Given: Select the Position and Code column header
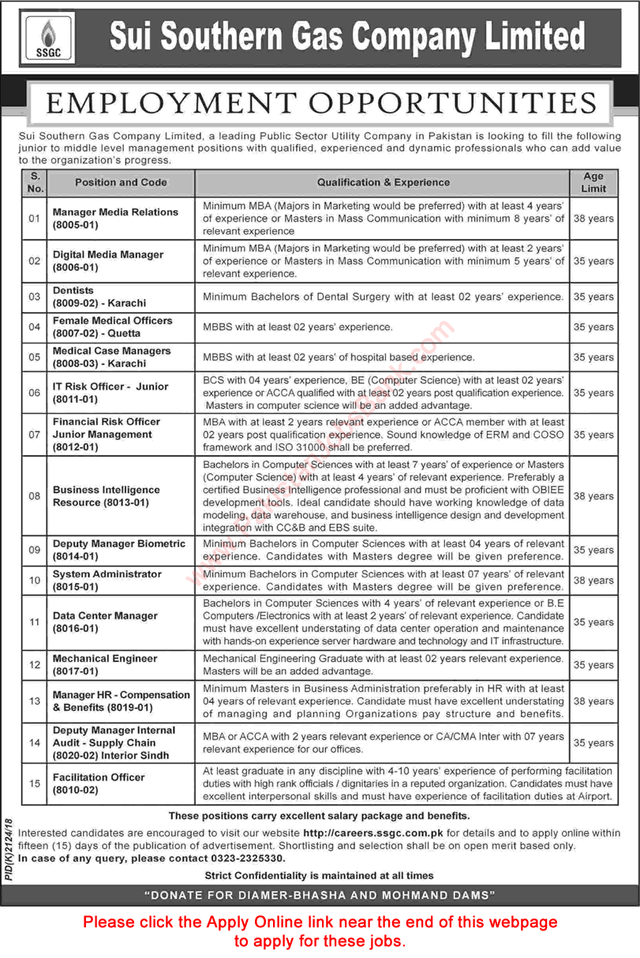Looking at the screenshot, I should coord(121,182).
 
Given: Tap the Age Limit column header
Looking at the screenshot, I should coord(593,182).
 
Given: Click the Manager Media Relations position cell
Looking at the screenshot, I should coord(115,218).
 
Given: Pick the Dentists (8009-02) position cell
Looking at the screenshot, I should coord(99,297).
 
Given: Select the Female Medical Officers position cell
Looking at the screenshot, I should coord(112,327).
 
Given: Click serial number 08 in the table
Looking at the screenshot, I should coord(34,496).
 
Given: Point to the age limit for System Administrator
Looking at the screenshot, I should coord(593,580).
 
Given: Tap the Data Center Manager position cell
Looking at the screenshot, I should coord(105,622).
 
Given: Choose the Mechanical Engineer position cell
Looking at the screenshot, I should coord(105,665).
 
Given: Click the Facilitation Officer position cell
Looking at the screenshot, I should coord(99,783).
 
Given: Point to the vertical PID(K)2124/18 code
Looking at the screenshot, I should coord(9,848).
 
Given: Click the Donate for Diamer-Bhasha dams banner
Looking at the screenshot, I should coord(320,895).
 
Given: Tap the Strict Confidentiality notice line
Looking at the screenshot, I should coord(319,875).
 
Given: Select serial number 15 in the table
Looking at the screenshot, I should coord(34,783).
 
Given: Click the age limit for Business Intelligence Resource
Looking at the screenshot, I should coord(593,496).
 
